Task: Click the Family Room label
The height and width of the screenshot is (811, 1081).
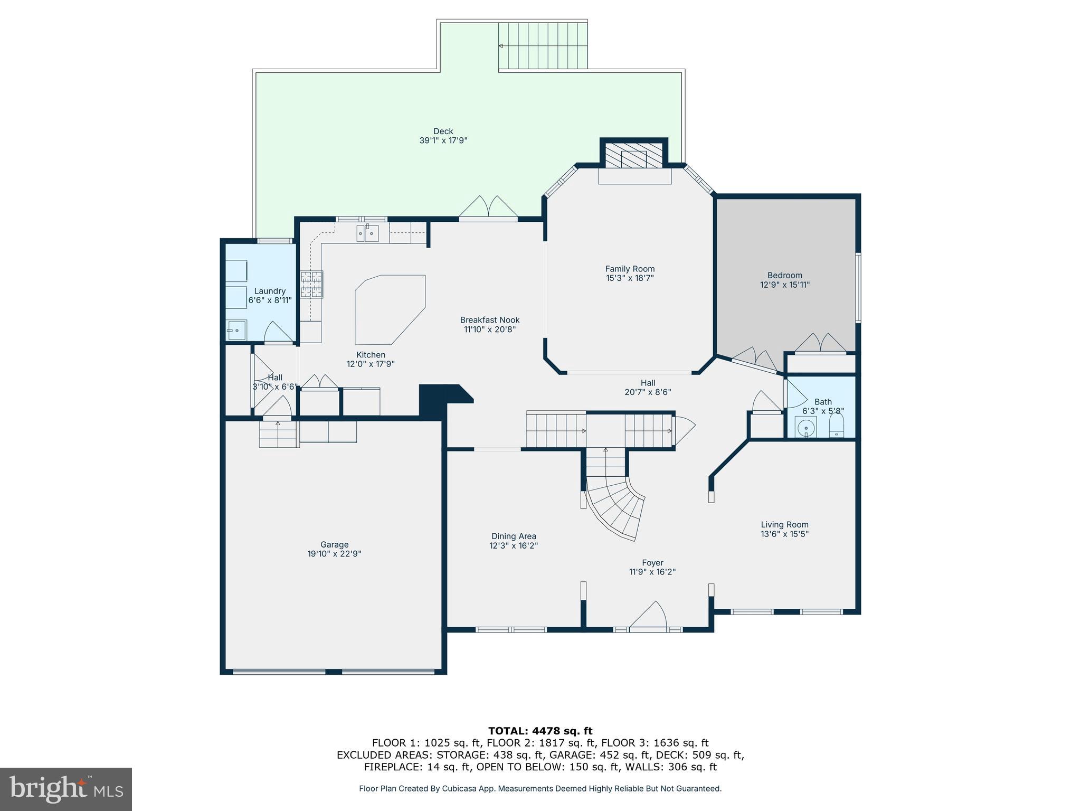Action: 630,269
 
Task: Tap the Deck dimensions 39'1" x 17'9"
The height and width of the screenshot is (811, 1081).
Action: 443,140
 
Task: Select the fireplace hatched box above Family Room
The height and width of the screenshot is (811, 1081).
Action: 633,155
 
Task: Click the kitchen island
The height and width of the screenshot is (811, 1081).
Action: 390,309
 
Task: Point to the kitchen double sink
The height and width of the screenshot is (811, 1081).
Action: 367,233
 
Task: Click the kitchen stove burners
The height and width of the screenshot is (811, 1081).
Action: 311,285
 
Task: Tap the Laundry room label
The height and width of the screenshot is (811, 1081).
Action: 270,291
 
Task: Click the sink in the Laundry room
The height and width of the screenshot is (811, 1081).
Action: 236,331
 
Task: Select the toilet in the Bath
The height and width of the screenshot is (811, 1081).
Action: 837,426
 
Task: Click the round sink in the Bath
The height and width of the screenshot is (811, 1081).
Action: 806,427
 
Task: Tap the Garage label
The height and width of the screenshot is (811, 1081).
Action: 334,544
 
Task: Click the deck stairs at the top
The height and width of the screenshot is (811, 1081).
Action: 544,46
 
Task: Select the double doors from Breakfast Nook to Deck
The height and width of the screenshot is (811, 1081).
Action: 488,208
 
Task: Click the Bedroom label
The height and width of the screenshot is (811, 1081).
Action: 784,275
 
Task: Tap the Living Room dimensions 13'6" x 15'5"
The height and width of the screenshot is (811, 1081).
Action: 784,534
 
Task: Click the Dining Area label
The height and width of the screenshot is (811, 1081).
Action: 513,536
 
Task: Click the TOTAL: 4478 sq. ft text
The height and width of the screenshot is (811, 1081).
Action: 540,731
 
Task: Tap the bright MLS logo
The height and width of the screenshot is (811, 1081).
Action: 66,789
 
